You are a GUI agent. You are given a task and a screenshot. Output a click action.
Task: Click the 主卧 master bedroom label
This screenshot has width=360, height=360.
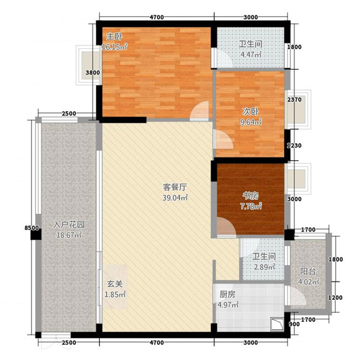pos(113,37)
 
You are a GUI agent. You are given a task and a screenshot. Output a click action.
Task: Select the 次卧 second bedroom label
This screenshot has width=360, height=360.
pos(248,112)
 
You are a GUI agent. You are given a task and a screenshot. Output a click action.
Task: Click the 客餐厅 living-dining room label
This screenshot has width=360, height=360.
pos(175,188)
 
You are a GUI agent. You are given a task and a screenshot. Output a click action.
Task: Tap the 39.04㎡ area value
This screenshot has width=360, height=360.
pos(175,198)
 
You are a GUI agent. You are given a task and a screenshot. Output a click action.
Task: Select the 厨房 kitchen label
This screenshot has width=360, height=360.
pos(227,294)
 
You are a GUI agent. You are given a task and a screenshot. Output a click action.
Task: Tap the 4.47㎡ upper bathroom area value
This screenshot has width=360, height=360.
pos(250,54)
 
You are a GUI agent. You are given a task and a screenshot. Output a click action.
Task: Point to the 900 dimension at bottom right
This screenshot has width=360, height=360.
pos(295,324)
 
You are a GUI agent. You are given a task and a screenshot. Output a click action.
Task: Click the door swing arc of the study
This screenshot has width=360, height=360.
pos(225,226)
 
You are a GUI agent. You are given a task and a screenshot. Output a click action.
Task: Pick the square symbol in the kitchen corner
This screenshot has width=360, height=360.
pos(278,323)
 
